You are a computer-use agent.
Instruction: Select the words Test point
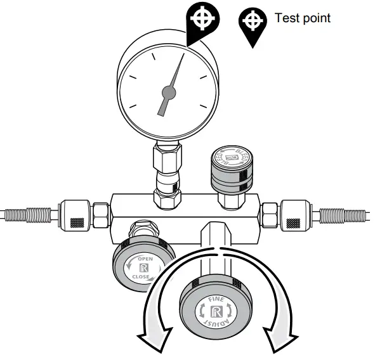point(302,18)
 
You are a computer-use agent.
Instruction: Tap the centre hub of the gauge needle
point(169,93)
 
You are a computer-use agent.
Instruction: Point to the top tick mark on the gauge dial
point(169,56)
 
